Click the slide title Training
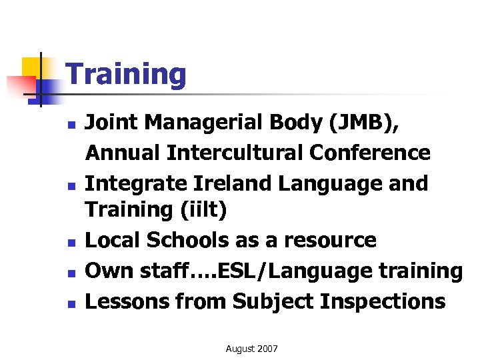[x=126, y=74]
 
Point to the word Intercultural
[x=235, y=153]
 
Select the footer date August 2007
[x=252, y=349]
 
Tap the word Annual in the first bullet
[x=123, y=153]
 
